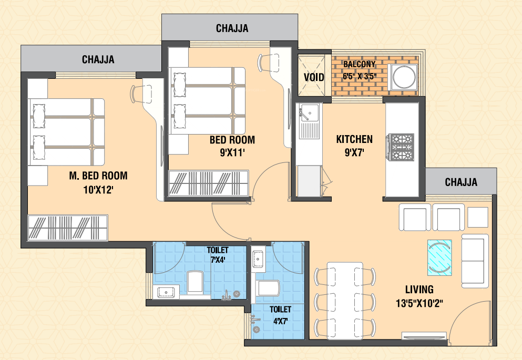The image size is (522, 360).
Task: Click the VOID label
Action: [314, 78]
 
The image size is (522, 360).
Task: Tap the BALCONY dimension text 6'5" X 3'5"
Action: [360, 76]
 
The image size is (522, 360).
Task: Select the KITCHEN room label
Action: [354, 139]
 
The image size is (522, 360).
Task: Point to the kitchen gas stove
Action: [400, 147]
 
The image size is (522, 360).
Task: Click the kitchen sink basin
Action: [309, 112]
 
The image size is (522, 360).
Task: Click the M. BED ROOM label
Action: [98, 176]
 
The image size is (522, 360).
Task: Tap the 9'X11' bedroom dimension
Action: [232, 153]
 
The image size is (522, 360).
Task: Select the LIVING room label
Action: [419, 290]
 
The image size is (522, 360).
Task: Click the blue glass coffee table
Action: [439, 258]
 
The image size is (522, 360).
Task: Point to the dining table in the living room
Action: [345, 301]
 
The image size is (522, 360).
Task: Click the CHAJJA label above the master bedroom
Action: [98, 59]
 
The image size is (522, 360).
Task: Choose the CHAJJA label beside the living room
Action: [461, 182]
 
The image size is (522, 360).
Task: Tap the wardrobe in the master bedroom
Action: [68, 228]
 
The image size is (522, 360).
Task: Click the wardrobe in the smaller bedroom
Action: [209, 183]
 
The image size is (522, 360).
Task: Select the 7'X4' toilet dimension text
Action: [218, 259]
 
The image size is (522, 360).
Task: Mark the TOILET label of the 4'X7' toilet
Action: [280, 310]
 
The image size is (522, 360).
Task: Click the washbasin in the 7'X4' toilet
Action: [166, 292]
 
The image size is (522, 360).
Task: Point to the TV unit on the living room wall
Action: [424, 335]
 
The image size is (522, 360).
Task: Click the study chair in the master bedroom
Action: [142, 94]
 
